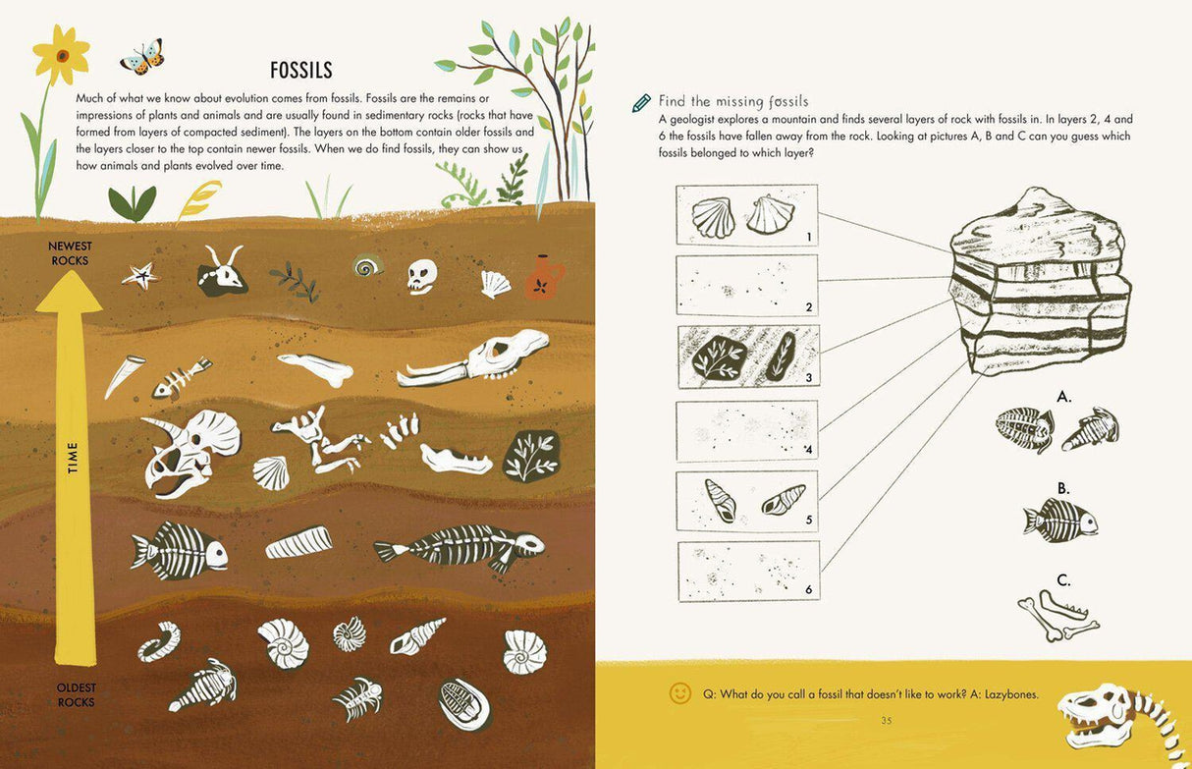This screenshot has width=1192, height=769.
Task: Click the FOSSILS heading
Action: (301, 70)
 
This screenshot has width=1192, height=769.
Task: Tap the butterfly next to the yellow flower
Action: (142, 57)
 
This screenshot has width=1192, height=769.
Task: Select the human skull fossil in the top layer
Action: (421, 276)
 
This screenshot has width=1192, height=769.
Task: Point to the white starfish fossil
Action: (139, 276)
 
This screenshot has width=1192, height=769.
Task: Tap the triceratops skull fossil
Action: (189, 450)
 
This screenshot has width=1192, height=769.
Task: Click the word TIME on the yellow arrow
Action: (73, 458)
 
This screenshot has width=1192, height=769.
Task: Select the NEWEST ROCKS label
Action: (70, 253)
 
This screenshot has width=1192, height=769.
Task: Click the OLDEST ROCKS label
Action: (76, 694)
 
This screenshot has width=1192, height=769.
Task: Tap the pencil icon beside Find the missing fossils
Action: (641, 102)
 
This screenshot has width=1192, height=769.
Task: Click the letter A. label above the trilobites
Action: (1064, 397)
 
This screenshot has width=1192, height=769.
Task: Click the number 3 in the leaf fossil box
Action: (808, 377)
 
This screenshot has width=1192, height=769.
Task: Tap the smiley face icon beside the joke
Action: (679, 693)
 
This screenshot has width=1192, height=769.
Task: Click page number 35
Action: (886, 721)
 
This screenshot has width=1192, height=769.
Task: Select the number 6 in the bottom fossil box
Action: (808, 589)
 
